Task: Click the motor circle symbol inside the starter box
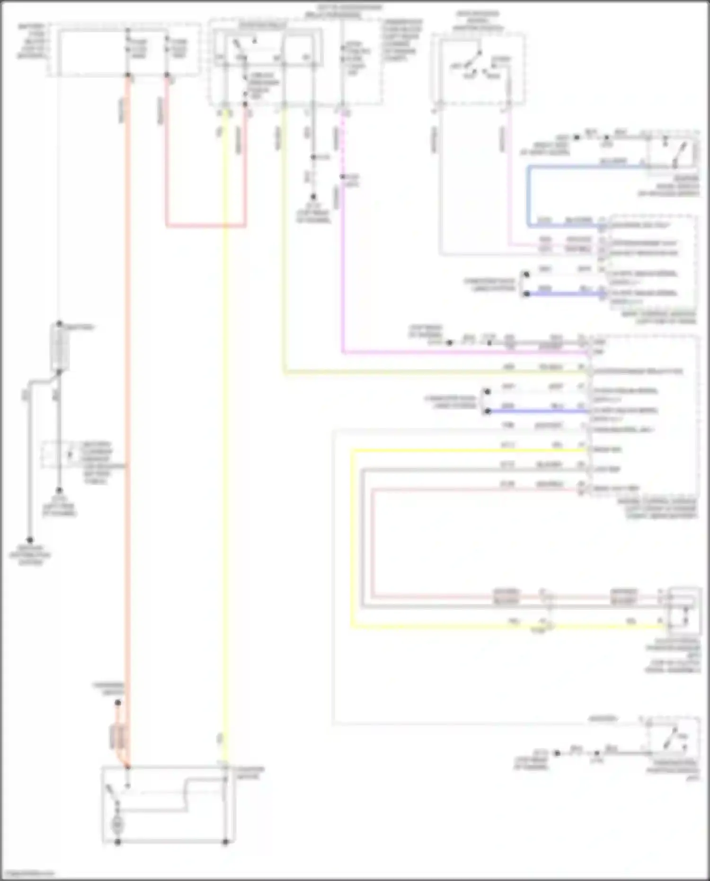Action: pyautogui.click(x=117, y=825)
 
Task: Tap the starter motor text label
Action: pyautogui.click(x=248, y=773)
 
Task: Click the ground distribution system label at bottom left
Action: pyautogui.click(x=30, y=555)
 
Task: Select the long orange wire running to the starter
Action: pyautogui.click(x=127, y=426)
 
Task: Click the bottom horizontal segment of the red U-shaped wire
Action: pyautogui.click(x=206, y=226)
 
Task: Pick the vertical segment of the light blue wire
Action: pyautogui.click(x=529, y=194)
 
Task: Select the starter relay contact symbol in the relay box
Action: pyautogui.click(x=244, y=47)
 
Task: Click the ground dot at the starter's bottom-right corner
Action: pyautogui.click(x=226, y=842)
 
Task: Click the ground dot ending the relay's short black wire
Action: pyautogui.click(x=313, y=196)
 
